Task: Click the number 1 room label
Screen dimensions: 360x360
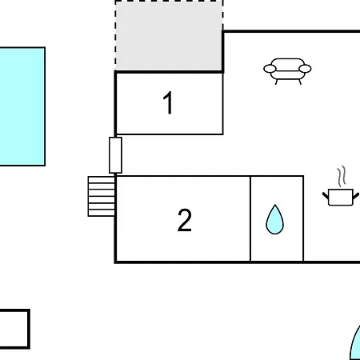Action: tap(168, 102)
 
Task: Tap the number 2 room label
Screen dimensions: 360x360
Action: tap(185, 220)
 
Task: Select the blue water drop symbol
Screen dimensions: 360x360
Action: tap(274, 220)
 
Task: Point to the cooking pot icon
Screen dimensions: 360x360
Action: tap(341, 198)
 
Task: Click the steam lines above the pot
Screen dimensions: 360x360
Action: tap(342, 176)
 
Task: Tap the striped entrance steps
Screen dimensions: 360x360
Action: tap(102, 196)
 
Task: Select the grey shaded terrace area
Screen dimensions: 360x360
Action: tap(169, 35)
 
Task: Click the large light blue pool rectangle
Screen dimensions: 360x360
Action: tap(22, 106)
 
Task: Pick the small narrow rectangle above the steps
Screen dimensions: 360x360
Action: tap(115, 155)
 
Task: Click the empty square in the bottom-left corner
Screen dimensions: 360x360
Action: tap(14, 329)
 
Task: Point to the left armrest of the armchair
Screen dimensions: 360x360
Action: tap(270, 69)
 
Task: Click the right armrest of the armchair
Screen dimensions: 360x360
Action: tap(305, 69)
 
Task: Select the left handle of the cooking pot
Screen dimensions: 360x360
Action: tap(326, 195)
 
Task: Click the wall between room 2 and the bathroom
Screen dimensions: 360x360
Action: tap(250, 218)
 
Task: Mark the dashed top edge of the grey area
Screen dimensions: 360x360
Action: tap(169, 1)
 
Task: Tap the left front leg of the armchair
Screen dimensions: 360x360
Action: tap(277, 82)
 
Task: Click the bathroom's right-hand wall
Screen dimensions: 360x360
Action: tap(303, 218)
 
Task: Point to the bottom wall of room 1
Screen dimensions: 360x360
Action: tap(169, 134)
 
